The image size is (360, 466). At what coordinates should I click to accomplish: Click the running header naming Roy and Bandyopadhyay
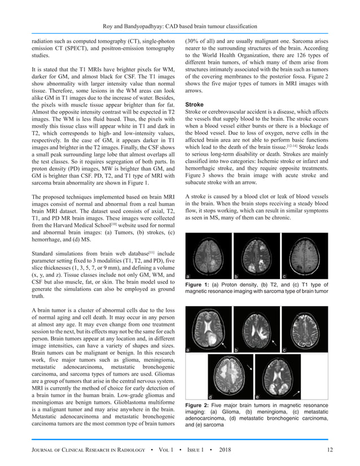[179, 26]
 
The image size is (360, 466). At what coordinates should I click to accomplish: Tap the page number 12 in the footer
[330, 449]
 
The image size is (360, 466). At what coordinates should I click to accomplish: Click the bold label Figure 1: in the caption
[197, 285]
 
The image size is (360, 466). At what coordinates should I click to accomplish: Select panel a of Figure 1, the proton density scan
[208, 257]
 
